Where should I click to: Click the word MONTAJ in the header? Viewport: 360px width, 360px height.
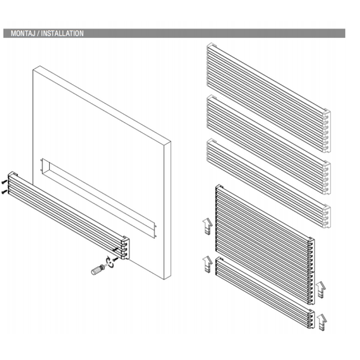[x=23, y=33]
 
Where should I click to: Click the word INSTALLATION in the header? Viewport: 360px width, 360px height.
[x=63, y=33]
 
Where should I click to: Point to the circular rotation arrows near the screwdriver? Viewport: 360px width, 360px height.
[x=109, y=261]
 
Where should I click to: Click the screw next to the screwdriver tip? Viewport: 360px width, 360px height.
[x=116, y=260]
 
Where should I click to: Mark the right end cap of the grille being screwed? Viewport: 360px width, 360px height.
[x=126, y=248]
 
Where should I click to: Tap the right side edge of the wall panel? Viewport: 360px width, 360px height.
[x=167, y=210]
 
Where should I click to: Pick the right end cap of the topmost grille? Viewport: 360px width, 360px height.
[x=327, y=130]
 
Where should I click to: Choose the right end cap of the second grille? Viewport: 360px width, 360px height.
[x=327, y=177]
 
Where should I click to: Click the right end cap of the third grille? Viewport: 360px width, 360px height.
[x=327, y=215]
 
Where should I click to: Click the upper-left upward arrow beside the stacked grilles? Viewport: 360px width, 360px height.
[x=208, y=226]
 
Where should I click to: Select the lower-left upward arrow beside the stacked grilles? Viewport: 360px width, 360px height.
[x=208, y=264]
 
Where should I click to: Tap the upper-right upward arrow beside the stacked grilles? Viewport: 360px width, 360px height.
[x=321, y=290]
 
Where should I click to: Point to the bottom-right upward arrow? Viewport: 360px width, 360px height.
[x=322, y=322]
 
